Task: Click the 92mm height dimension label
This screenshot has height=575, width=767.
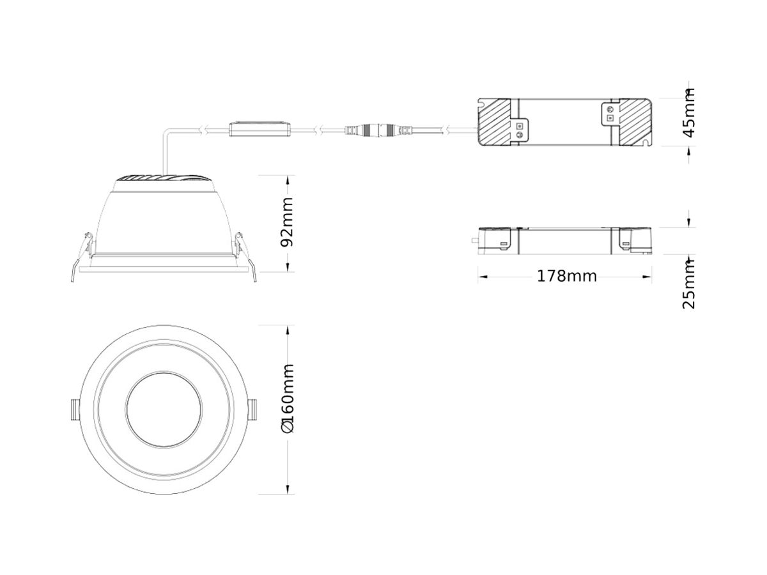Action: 288,222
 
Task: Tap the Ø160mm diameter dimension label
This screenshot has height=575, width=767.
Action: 288,399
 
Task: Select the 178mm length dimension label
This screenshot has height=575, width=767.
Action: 566,276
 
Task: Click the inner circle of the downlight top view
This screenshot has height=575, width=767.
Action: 164,408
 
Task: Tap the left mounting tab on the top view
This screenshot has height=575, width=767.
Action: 74,409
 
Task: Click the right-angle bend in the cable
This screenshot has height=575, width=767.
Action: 166,132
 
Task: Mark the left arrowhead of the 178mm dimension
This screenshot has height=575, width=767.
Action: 483,277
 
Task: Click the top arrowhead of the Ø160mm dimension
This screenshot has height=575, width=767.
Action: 288,330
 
